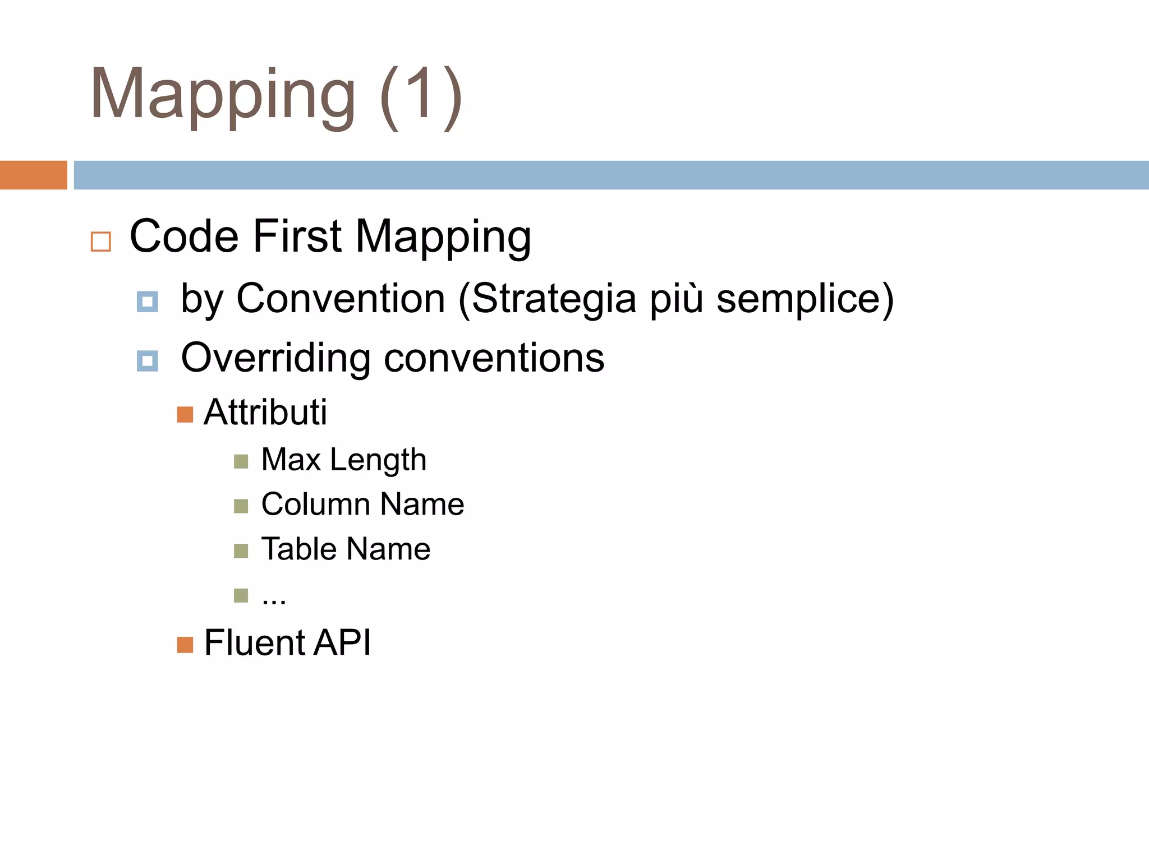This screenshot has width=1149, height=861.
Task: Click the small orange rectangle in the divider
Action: coord(33,175)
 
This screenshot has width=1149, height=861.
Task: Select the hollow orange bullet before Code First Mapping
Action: coord(101,242)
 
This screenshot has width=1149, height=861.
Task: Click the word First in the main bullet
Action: coord(297,237)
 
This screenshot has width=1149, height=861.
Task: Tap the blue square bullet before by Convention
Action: coord(148,302)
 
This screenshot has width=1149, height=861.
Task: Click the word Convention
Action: coord(341,298)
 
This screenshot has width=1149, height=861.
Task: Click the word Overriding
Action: coord(275,358)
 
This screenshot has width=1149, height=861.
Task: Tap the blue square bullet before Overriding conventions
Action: coord(148,361)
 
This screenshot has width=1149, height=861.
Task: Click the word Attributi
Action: coord(265,412)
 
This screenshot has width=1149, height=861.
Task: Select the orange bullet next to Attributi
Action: coord(185,415)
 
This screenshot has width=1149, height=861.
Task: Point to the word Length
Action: coord(378,460)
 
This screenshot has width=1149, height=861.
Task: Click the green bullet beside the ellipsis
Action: coord(241,595)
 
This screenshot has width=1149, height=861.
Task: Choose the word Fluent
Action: coord(254,642)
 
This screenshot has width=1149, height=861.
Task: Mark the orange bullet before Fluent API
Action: coord(185,645)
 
